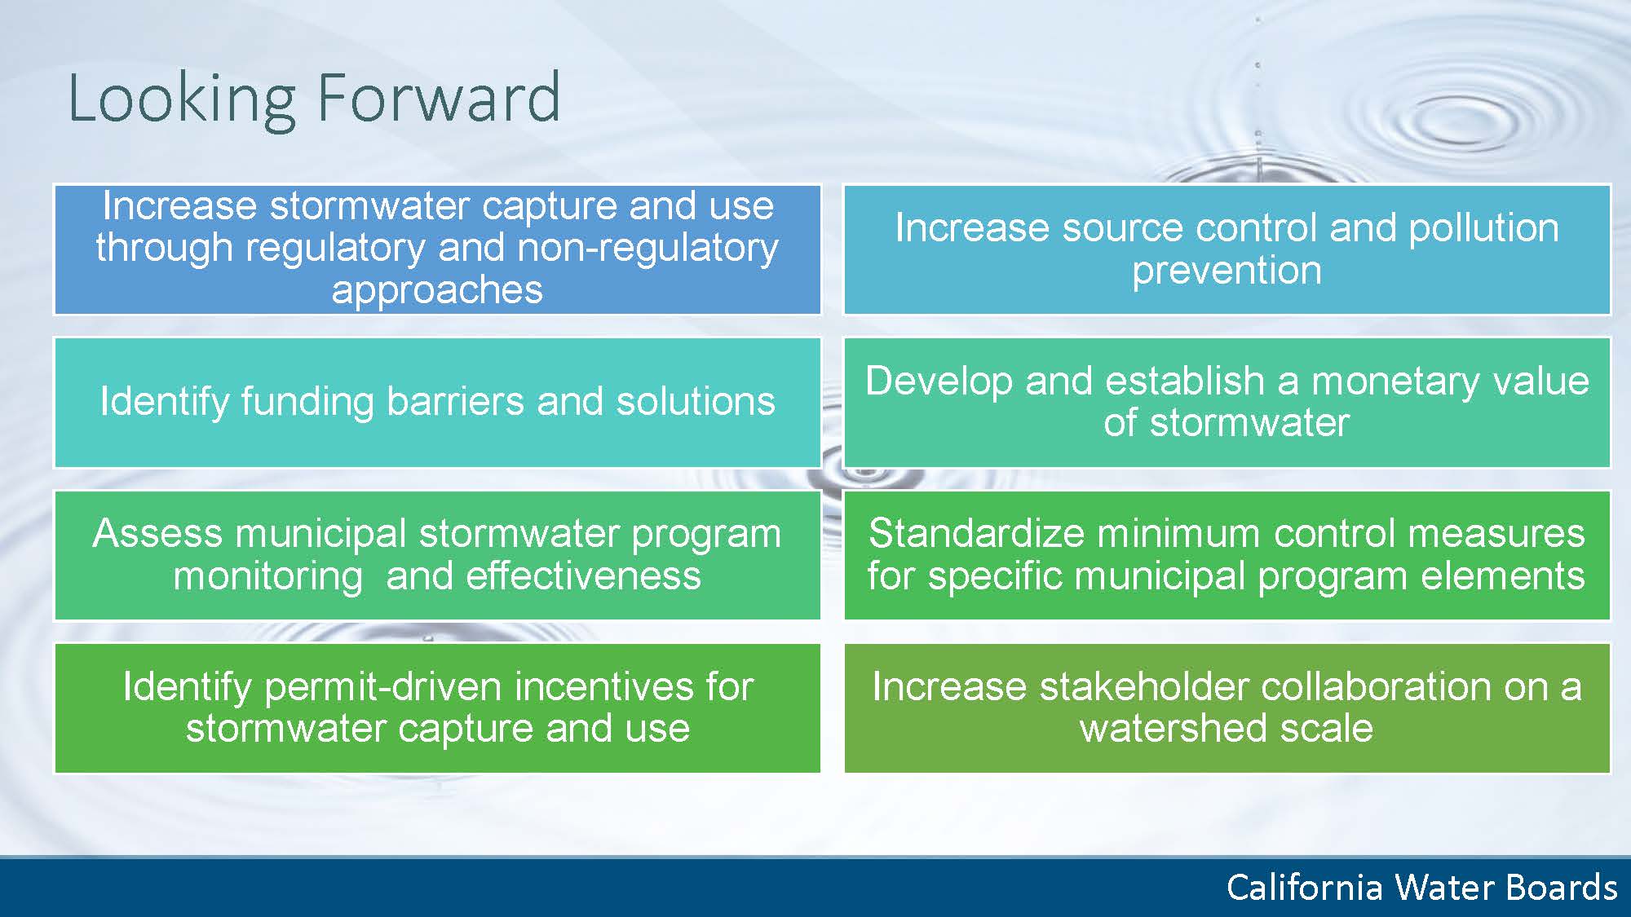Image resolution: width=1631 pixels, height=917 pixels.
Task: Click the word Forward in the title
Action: click(438, 98)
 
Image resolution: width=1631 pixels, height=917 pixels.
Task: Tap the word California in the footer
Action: click(1305, 887)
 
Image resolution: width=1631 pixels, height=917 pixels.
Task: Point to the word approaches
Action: click(437, 291)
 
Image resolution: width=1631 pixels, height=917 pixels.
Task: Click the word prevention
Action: click(1227, 271)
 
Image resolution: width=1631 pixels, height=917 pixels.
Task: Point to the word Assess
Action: click(157, 534)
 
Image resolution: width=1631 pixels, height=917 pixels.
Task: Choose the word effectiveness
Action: click(583, 576)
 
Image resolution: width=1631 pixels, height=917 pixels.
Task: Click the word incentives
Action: click(604, 687)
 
